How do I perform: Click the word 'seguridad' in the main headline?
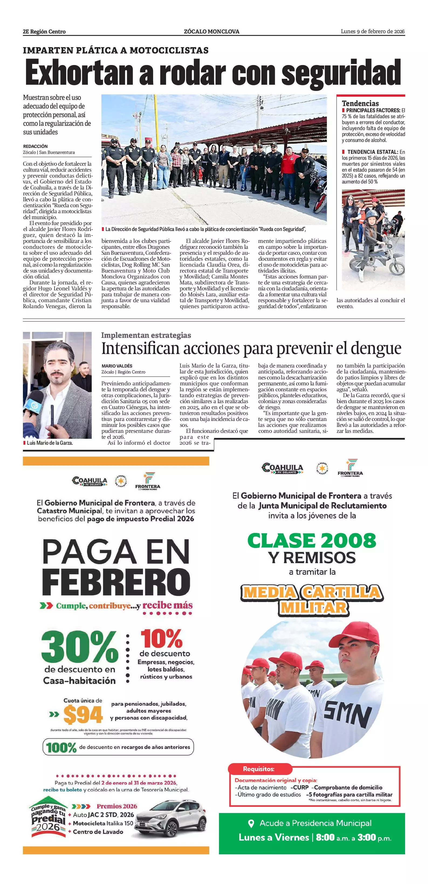[341, 73]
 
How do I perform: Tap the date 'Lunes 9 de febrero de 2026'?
[372, 32]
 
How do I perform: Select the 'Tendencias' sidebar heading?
[360, 103]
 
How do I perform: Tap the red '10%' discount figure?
[161, 638]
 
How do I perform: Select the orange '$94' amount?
[83, 715]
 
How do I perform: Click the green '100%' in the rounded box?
[61, 747]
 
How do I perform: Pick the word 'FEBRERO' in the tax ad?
[116, 582]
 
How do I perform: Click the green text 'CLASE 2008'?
[311, 540]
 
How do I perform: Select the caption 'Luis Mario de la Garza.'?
[50, 443]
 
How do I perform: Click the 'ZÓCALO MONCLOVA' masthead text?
[212, 32]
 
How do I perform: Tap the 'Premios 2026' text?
[117, 806]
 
